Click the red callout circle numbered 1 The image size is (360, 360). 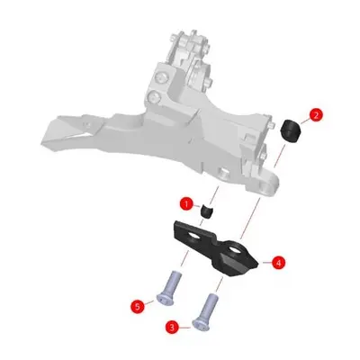(186, 204)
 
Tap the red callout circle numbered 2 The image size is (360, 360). (316, 115)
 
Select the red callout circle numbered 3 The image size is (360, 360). (172, 328)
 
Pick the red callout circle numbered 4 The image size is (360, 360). (278, 263)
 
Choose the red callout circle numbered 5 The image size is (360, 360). (138, 307)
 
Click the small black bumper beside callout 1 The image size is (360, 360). (207, 211)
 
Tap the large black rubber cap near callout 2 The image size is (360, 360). (291, 130)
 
